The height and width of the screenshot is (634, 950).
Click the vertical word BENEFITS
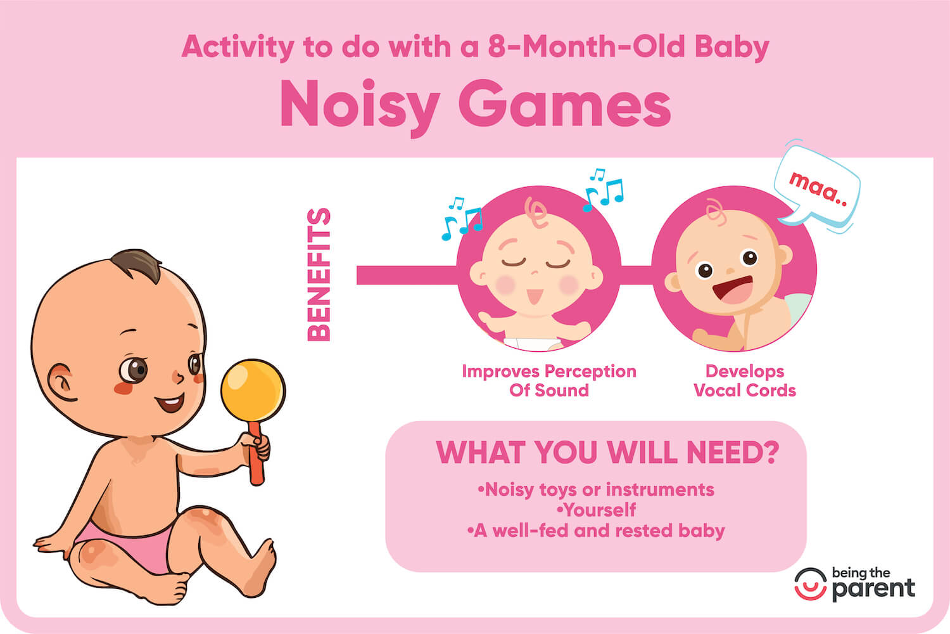click(319, 275)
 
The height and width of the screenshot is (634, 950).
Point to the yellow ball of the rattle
click(253, 387)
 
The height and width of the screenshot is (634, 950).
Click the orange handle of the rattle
click(255, 459)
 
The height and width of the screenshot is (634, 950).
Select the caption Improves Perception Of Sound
click(549, 380)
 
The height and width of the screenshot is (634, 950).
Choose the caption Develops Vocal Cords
click(745, 380)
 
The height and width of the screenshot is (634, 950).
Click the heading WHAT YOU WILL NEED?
click(607, 453)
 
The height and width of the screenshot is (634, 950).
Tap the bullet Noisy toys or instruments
click(596, 489)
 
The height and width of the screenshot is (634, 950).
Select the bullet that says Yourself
click(596, 510)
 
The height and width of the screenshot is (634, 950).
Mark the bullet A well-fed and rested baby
click(596, 531)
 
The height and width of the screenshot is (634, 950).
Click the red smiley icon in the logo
click(811, 584)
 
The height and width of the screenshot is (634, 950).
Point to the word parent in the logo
click(873, 589)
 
